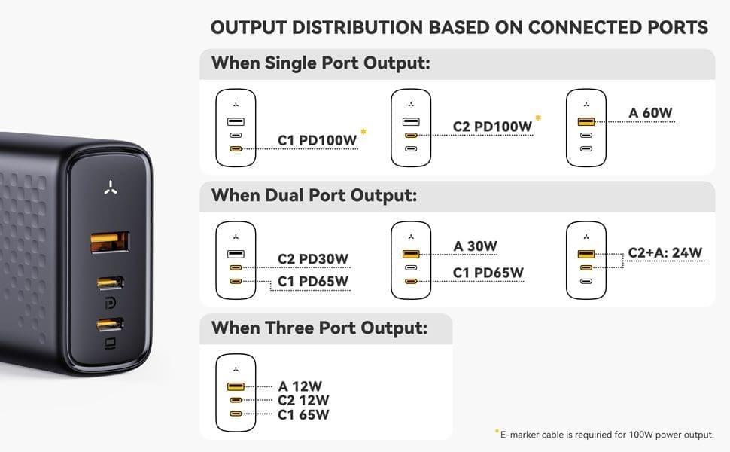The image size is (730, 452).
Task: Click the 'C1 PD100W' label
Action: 317,140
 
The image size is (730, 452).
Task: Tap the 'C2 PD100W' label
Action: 492,127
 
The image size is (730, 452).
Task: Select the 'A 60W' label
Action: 650,113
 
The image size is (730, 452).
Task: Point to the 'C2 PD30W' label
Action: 313,259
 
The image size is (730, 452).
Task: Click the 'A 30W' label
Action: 476,246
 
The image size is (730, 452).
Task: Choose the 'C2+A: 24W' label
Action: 665,252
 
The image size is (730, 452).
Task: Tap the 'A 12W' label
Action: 300,386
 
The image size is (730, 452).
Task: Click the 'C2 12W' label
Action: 303,400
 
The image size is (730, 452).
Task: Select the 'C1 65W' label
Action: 303,414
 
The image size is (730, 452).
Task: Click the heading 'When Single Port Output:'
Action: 321,63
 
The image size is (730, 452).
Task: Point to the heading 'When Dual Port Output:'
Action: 315,195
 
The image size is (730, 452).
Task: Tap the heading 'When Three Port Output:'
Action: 319,328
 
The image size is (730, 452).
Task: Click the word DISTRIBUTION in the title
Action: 357,27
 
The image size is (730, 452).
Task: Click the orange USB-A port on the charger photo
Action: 109,242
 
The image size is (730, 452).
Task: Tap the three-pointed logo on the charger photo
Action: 111,188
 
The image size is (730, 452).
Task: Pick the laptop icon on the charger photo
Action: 111,344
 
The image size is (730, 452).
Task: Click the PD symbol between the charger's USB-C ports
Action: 111,304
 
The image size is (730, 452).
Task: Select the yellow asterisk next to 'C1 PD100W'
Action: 363,132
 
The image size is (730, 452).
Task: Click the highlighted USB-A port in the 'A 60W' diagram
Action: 586,121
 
